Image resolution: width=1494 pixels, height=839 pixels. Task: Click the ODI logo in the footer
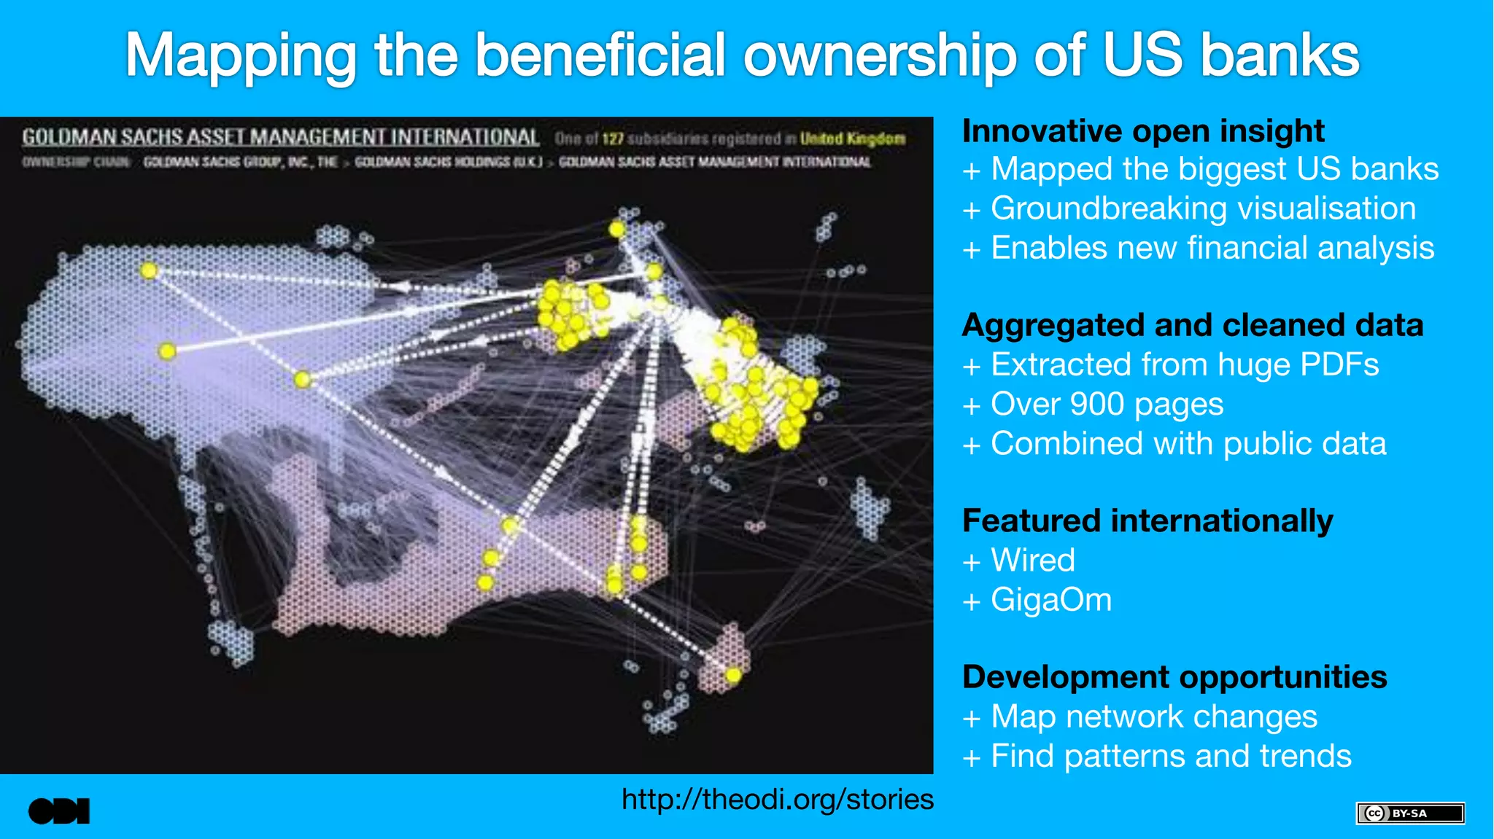tap(59, 811)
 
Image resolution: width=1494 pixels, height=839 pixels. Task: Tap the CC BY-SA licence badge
tap(1410, 813)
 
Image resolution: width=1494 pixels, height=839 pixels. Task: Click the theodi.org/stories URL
tap(777, 800)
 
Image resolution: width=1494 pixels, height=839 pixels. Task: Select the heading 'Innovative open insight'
tap(1142, 131)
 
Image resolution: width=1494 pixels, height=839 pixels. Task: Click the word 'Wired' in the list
tap(1032, 561)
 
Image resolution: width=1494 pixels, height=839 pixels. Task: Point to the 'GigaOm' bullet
tap(1050, 600)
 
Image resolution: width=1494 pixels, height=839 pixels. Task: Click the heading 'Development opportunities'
tap(1174, 677)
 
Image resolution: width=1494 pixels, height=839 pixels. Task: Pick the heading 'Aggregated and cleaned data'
tap(1192, 325)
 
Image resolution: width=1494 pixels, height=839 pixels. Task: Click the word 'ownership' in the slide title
tap(879, 55)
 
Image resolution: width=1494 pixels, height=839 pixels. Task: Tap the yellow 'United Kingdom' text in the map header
tap(852, 138)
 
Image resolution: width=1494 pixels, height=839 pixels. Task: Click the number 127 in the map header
tap(613, 138)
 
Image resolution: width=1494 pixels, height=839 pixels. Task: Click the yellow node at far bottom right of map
tap(733, 676)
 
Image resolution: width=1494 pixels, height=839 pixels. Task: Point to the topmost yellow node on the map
tap(617, 229)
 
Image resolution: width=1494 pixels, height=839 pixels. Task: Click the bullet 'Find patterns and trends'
tap(1170, 756)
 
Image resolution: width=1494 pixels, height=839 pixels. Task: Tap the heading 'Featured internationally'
tap(1147, 521)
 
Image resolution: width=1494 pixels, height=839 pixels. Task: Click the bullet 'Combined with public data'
tap(1188, 444)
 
